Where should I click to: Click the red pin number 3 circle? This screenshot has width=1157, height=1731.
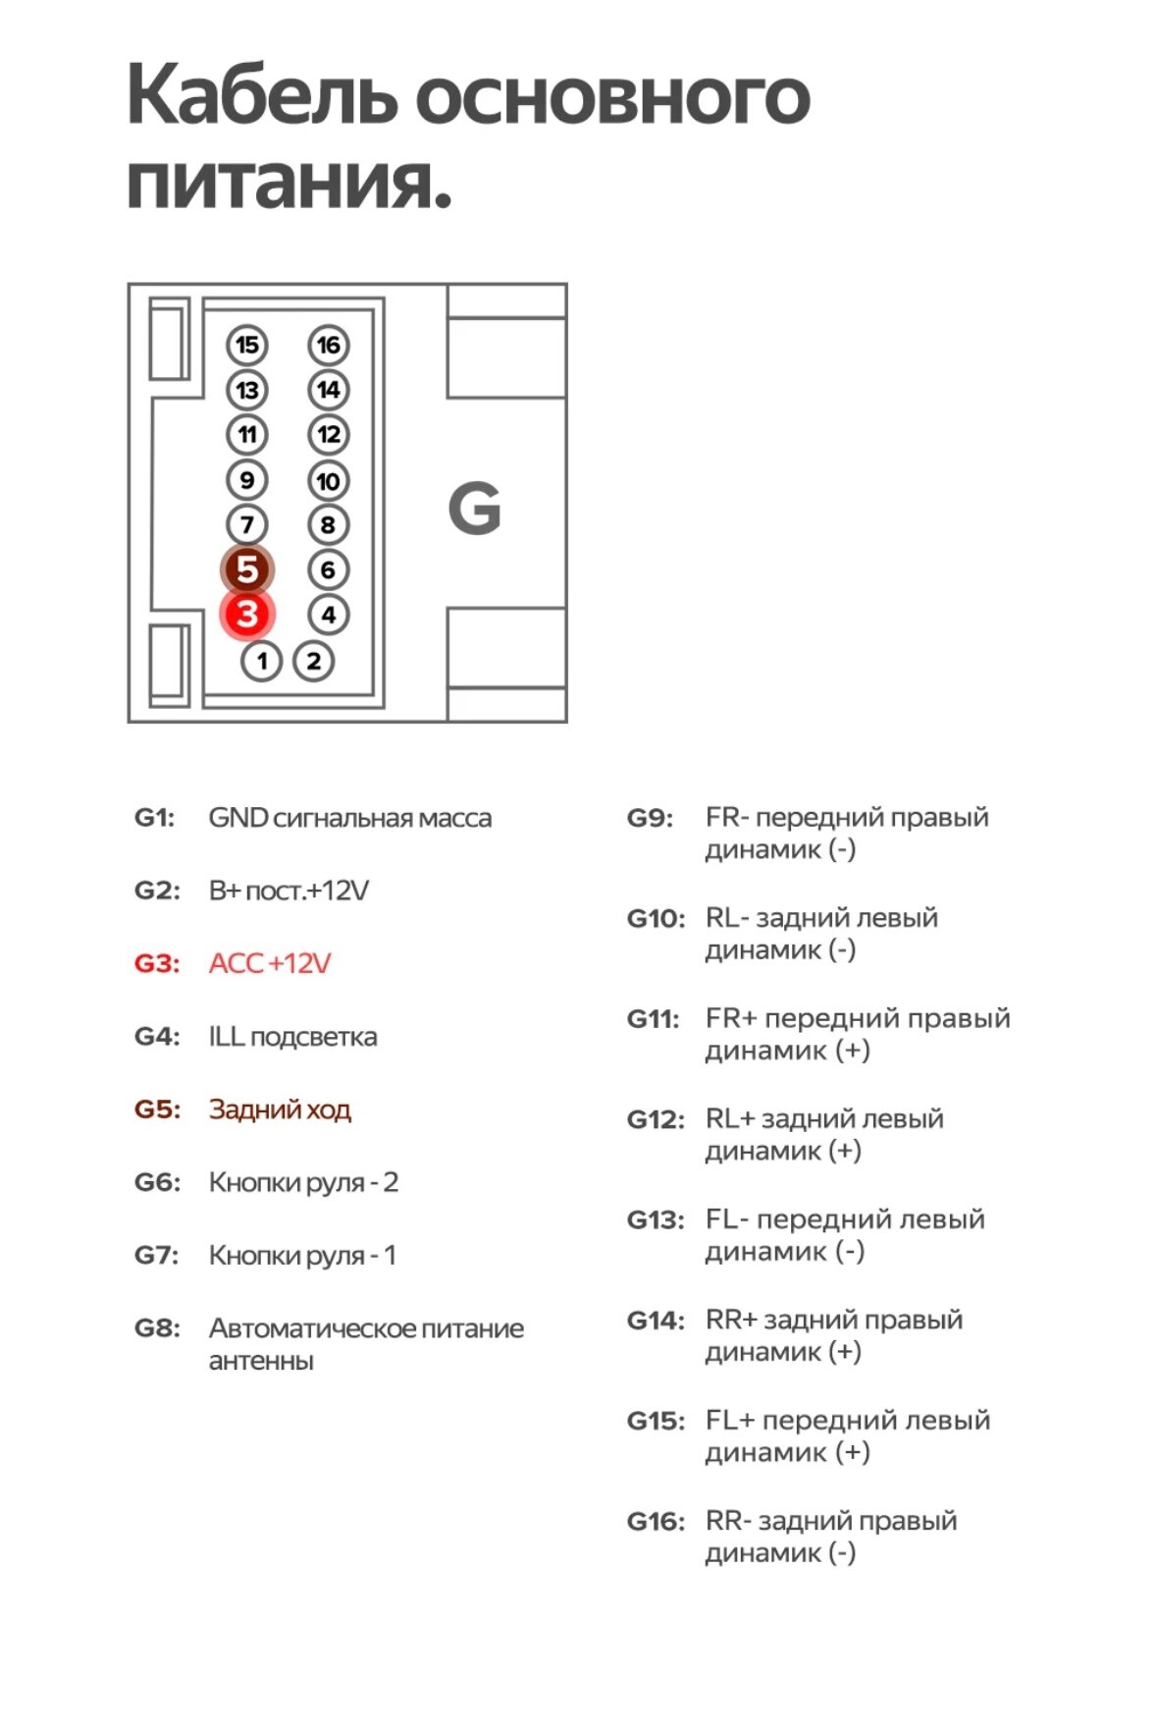coord(247,615)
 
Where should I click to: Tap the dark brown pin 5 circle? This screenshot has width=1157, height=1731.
coord(247,569)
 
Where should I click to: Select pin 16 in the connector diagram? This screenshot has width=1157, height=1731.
coord(329,345)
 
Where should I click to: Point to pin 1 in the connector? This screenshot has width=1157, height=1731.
coord(262,661)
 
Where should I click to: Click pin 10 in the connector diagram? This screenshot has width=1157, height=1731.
coord(329,481)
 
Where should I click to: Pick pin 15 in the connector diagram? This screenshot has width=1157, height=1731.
coord(247,345)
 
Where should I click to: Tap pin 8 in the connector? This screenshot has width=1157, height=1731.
coord(329,525)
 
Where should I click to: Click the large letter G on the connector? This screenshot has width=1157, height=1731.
coord(475,509)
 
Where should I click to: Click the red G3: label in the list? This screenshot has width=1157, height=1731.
coord(157,963)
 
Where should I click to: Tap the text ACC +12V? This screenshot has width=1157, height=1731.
coord(270,963)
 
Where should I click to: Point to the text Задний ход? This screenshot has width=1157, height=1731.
coord(280,1109)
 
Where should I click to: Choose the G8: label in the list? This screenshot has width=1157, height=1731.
coord(157,1328)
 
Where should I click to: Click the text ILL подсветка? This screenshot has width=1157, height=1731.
coord(292,1037)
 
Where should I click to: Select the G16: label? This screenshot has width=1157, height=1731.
coord(656,1522)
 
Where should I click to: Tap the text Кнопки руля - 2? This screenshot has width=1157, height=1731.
coord(303,1182)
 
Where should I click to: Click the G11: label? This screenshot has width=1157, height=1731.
coord(654,1019)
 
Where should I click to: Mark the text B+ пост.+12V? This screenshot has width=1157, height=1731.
coord(289,891)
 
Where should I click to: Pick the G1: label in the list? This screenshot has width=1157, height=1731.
coord(154,818)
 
